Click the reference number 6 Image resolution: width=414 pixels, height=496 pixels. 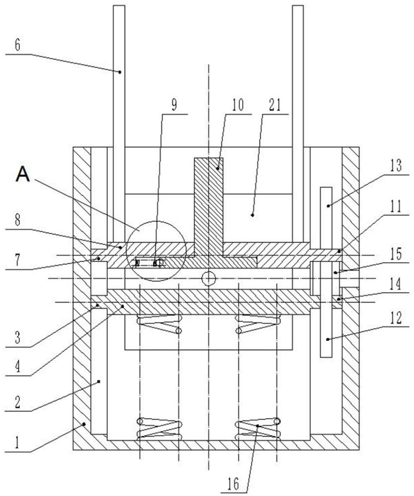tap(17, 45)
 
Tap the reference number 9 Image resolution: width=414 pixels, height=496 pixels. tap(174, 105)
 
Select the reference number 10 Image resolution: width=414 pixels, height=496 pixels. tap(238, 105)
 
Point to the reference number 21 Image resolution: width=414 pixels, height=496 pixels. tap(275, 105)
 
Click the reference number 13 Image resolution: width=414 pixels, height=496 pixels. tap(396, 166)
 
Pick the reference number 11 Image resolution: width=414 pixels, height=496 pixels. tap(396, 206)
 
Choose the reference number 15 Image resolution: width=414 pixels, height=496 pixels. tap(396, 254)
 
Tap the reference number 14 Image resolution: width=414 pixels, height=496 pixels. tap(396, 284)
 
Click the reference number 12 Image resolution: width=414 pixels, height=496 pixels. tap(396, 318)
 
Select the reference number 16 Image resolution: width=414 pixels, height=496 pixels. tap(233, 484)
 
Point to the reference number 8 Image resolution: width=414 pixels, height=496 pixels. tap(17, 220)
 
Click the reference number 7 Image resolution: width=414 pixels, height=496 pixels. tap(17, 260)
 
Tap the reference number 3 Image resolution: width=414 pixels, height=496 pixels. tap(17, 338)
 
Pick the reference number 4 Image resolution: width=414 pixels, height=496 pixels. tap(17, 367)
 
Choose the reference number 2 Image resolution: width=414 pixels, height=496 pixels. tap(17, 402)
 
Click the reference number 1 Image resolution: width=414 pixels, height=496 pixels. tap(17, 443)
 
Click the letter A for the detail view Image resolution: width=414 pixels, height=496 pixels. tap(23, 174)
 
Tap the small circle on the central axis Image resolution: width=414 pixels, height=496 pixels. tap(208, 279)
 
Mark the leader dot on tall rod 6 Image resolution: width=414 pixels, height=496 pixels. tap(120, 72)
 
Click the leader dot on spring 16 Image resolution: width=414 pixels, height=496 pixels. tap(258, 426)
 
